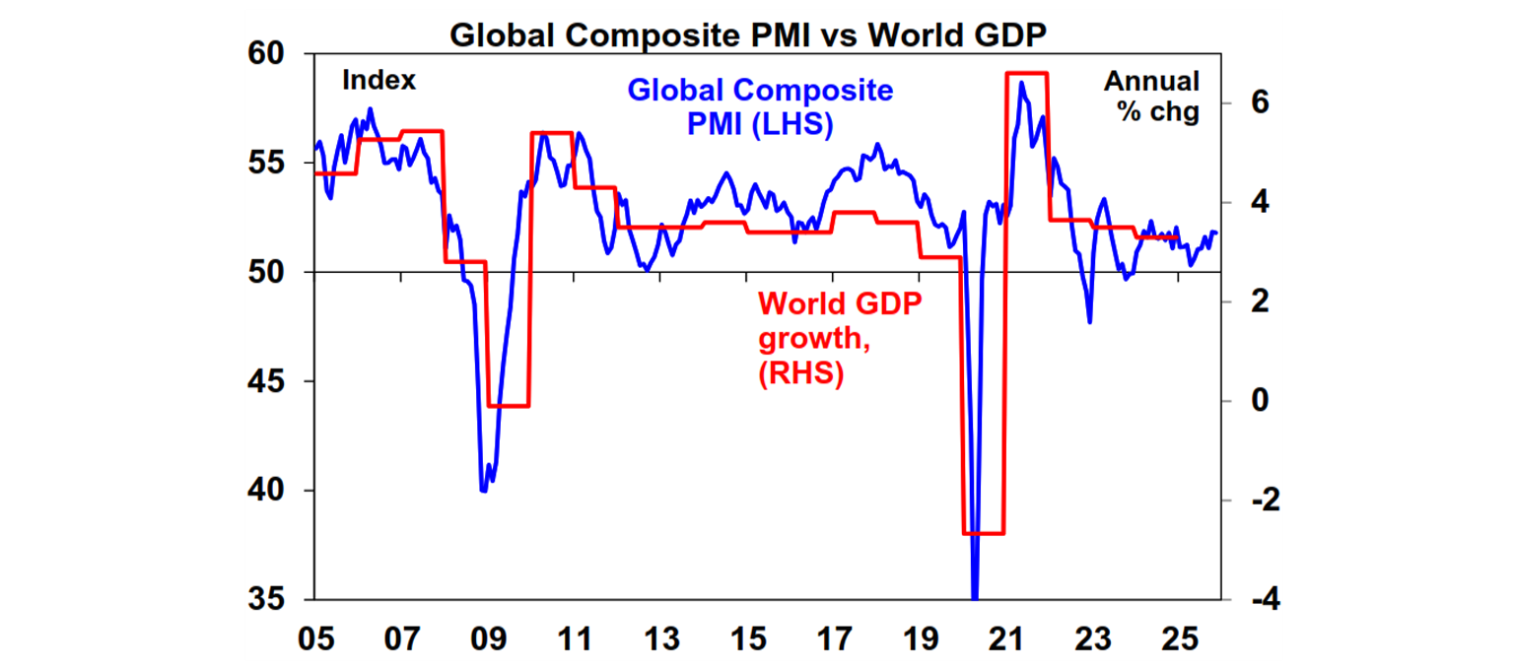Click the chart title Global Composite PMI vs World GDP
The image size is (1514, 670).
(748, 34)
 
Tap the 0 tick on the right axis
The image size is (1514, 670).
(1260, 401)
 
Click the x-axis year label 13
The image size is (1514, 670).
(659, 638)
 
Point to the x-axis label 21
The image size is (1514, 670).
(1004, 638)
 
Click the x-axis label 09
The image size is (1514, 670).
(488, 638)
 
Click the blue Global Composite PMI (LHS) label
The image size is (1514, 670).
(760, 107)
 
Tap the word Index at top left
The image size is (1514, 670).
(378, 81)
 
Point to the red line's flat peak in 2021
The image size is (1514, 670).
(1026, 74)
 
